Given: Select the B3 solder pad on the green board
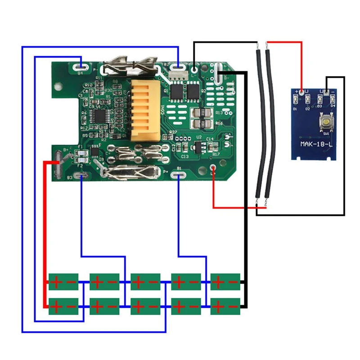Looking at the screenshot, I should click(81, 175).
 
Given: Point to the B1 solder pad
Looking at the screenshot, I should click(179, 175).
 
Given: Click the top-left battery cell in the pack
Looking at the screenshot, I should click(63, 282).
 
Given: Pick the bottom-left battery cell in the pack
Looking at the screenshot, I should click(63, 306).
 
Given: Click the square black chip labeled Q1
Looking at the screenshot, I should click(178, 92).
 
